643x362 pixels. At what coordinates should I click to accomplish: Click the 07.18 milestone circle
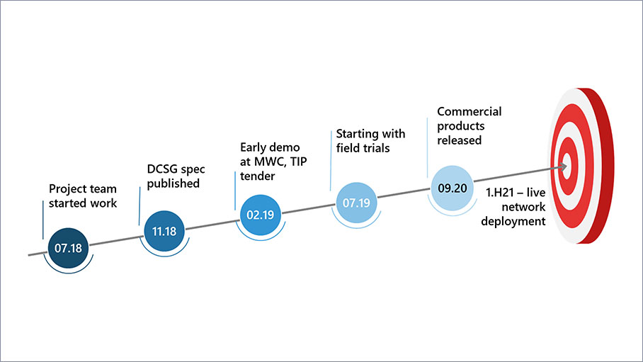point(69,247)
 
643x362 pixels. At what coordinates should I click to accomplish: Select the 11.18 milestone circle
point(164,230)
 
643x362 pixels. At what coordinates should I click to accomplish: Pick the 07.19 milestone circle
point(357,203)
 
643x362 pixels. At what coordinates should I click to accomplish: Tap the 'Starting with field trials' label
point(370,140)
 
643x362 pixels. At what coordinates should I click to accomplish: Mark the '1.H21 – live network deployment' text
point(516,207)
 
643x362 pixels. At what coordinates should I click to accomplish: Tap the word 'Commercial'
point(469,112)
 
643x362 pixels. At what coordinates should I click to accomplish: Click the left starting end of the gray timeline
point(30,253)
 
